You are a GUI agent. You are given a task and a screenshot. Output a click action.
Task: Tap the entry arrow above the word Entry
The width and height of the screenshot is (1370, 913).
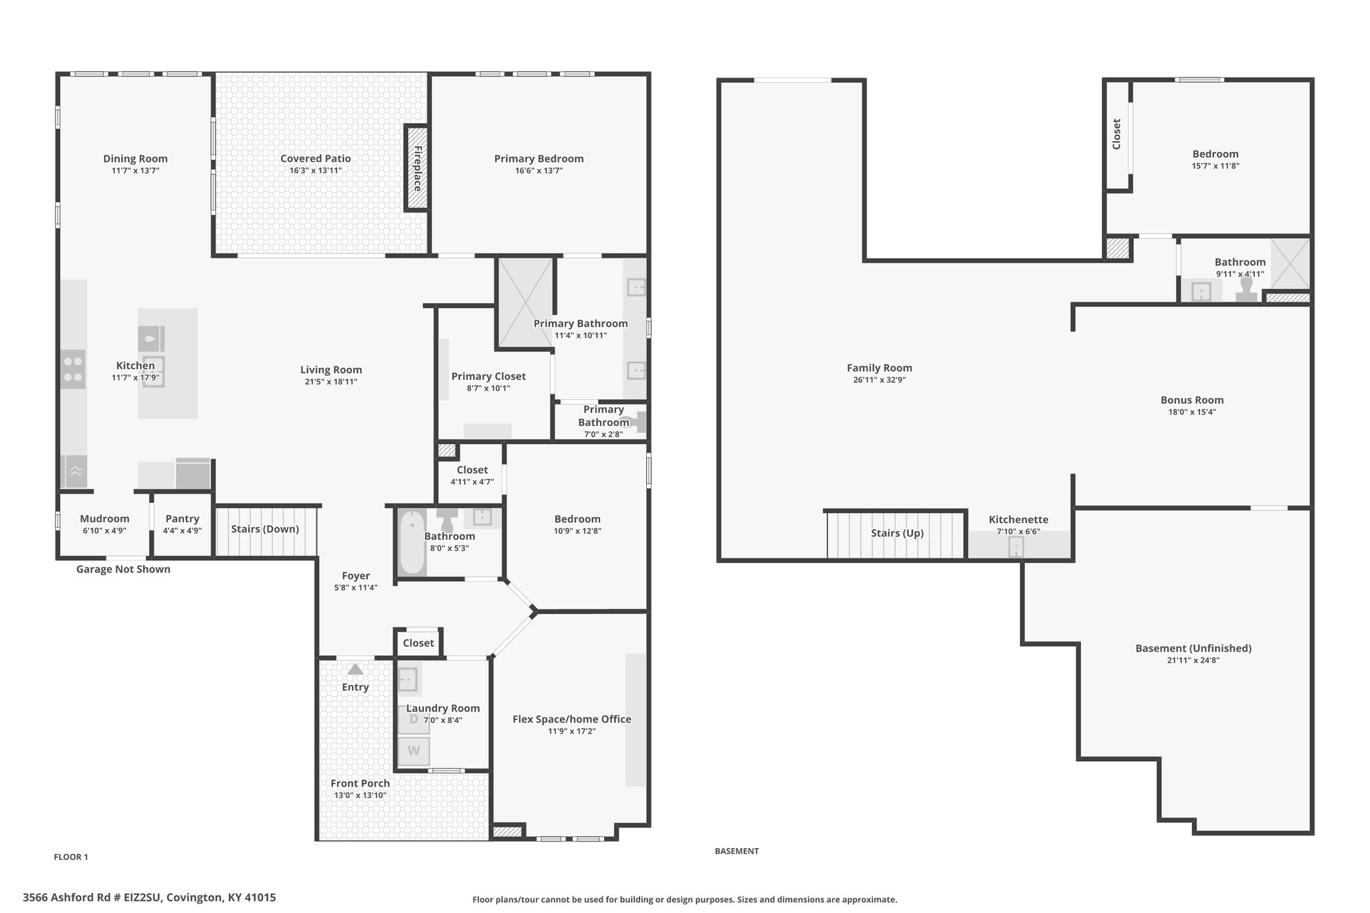355,669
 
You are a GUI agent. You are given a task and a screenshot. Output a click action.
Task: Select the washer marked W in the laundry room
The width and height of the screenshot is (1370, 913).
414,751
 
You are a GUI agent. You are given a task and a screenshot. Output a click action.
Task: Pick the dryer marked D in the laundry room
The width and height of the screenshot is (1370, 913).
414,720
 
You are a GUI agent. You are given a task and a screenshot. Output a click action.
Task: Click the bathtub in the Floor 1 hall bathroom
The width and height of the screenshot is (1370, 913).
412,542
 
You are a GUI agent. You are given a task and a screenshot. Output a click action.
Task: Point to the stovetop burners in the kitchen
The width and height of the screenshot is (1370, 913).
74,369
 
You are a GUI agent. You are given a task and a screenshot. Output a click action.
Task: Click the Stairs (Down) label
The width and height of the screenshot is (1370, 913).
265,529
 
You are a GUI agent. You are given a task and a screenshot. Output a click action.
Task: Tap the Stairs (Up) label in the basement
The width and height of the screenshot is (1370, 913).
897,533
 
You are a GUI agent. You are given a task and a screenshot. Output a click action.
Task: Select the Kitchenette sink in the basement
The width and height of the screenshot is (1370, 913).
1015,547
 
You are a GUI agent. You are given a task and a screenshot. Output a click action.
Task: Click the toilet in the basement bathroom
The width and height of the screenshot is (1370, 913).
1246,290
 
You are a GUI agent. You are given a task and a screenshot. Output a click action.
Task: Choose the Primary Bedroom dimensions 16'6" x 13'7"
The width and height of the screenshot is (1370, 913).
539,171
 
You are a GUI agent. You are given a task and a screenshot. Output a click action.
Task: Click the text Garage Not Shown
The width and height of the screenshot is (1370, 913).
123,569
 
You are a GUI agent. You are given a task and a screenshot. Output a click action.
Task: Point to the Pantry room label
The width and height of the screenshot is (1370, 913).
183,519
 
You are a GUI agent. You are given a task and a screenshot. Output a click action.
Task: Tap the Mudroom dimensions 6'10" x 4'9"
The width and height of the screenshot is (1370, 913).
104,531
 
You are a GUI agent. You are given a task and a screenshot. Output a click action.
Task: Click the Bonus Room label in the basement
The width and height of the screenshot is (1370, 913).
1192,401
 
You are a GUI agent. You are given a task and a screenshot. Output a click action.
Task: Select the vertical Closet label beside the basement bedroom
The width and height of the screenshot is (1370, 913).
1116,134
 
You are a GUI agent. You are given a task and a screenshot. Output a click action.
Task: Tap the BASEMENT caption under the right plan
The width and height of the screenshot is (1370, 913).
737,851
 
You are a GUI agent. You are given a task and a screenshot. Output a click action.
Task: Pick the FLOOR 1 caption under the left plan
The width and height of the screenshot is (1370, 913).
71,857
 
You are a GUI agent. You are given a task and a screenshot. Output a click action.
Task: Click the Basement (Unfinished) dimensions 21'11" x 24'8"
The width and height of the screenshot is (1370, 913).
1193,660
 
